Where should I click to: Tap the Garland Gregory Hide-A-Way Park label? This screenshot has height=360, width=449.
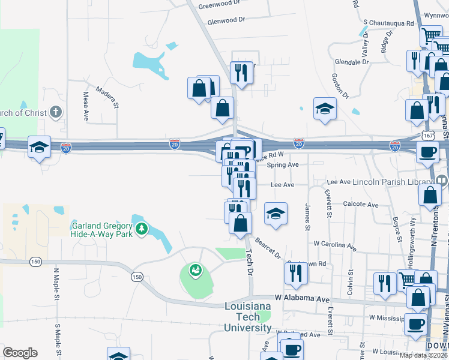click(102, 230)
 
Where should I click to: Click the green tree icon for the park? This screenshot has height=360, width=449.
click(142, 229)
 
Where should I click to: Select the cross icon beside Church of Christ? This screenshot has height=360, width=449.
click(56, 112)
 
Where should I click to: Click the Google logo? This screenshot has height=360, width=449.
click(20, 353)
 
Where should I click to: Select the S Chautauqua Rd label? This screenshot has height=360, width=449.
click(388, 23)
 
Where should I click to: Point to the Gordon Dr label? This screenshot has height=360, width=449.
click(339, 86)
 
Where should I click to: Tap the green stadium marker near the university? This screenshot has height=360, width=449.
click(195, 271)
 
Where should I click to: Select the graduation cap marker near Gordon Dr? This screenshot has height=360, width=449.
click(325, 109)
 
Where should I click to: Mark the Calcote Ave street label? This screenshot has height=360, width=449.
click(360, 205)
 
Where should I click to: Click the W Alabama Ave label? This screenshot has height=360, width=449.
click(303, 298)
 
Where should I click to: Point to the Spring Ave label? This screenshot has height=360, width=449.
click(283, 164)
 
